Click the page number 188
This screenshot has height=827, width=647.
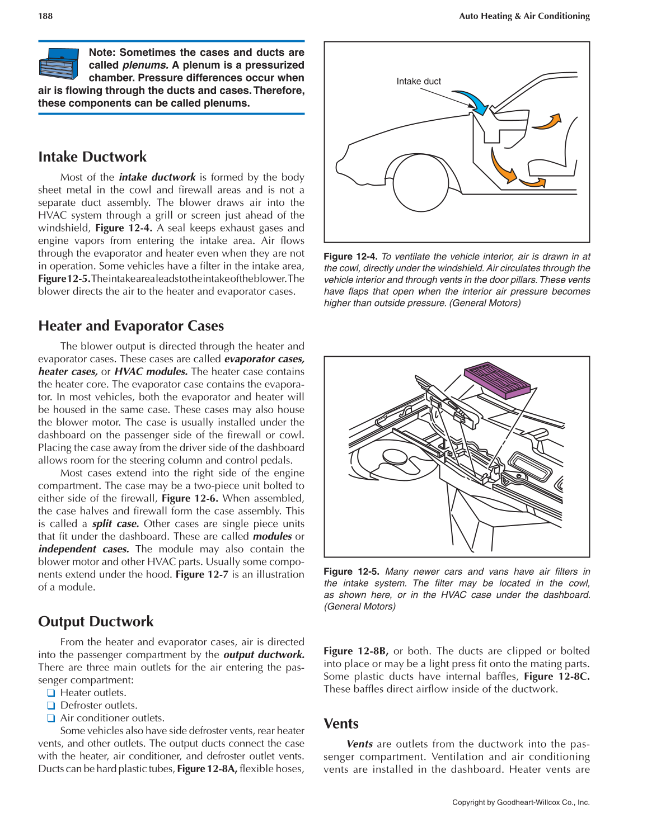click(45, 16)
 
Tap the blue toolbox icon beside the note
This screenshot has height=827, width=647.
click(59, 64)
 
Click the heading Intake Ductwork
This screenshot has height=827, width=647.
click(92, 157)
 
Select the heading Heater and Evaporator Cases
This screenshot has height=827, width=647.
click(131, 326)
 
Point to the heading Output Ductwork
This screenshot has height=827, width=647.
click(96, 622)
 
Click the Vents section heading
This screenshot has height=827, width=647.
click(341, 724)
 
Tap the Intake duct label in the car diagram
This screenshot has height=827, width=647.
click(418, 82)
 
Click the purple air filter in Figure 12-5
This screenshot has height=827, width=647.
click(496, 380)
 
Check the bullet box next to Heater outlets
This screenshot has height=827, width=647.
click(51, 693)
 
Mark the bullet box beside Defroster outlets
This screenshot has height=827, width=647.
click(51, 706)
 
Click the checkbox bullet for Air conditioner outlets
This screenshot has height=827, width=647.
click(51, 719)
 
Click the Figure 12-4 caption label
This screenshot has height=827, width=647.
click(350, 257)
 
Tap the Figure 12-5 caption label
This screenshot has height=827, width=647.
click(351, 571)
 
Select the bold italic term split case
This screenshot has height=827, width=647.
click(115, 524)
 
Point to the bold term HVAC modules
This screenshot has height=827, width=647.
click(151, 372)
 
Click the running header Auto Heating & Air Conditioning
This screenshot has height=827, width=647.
click(524, 16)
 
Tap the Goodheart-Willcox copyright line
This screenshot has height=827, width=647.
click(521, 802)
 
